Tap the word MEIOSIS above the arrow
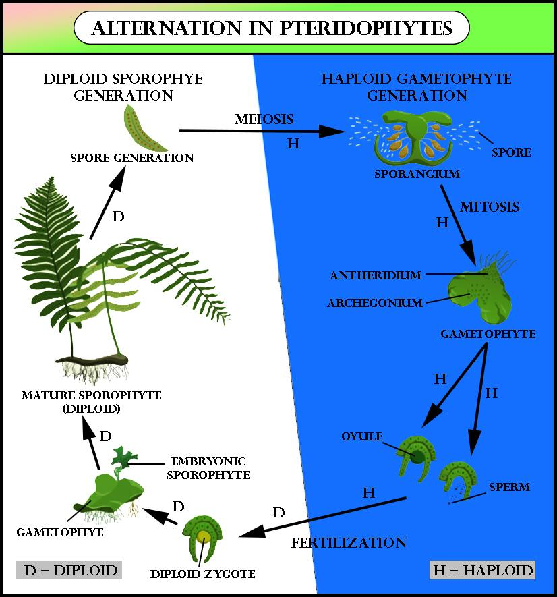click(264, 119)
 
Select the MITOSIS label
click(490, 206)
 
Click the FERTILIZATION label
click(349, 542)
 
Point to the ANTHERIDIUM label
click(376, 275)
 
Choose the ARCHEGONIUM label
click(375, 303)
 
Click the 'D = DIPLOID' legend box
click(71, 570)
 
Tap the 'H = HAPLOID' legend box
click(481, 570)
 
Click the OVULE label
click(362, 436)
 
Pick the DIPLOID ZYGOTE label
click(203, 575)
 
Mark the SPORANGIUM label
click(417, 174)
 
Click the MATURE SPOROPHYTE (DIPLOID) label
click(91, 401)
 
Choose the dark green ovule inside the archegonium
click(417, 457)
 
